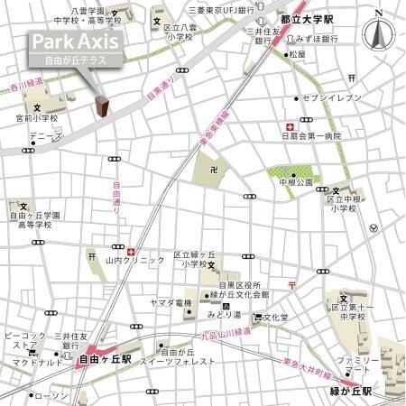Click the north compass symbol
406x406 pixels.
pyautogui.click(x=377, y=33)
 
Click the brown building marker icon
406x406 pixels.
pyautogui.click(x=102, y=107)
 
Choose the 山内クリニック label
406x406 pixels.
pyautogui.click(x=135, y=260)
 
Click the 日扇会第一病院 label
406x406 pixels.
pyautogui.click(x=310, y=136)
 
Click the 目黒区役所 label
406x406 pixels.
pyautogui.click(x=233, y=284)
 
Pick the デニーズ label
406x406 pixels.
pyautogui.click(x=44, y=136)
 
